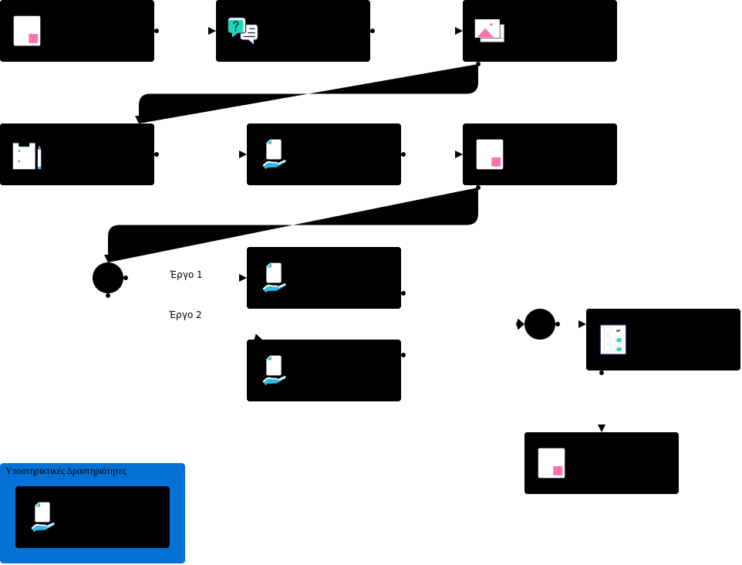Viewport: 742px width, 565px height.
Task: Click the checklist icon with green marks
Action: (613, 340)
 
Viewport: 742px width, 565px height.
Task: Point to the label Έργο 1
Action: (186, 275)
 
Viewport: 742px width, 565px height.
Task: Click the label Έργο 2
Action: (185, 315)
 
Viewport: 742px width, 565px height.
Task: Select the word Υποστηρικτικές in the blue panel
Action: (35, 471)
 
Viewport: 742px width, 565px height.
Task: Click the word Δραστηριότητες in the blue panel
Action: (96, 471)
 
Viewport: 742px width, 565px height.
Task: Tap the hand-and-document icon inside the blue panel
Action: (42, 516)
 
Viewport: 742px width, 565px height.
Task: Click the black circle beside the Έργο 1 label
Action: (108, 278)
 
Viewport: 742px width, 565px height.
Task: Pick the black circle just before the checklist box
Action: (540, 324)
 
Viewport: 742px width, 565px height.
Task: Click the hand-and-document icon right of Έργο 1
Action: (274, 277)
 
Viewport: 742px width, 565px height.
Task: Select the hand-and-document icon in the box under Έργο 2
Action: (274, 370)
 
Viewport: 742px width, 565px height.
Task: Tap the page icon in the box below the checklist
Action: (551, 463)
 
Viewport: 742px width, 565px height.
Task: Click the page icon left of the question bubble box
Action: (27, 31)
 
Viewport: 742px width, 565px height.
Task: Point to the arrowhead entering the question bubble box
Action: (212, 31)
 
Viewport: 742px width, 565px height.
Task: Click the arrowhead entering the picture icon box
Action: (459, 31)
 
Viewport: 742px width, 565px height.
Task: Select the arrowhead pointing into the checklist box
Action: (582, 324)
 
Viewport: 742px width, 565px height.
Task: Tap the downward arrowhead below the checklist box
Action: (602, 428)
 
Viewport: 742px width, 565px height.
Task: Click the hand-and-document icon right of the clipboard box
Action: (274, 154)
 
